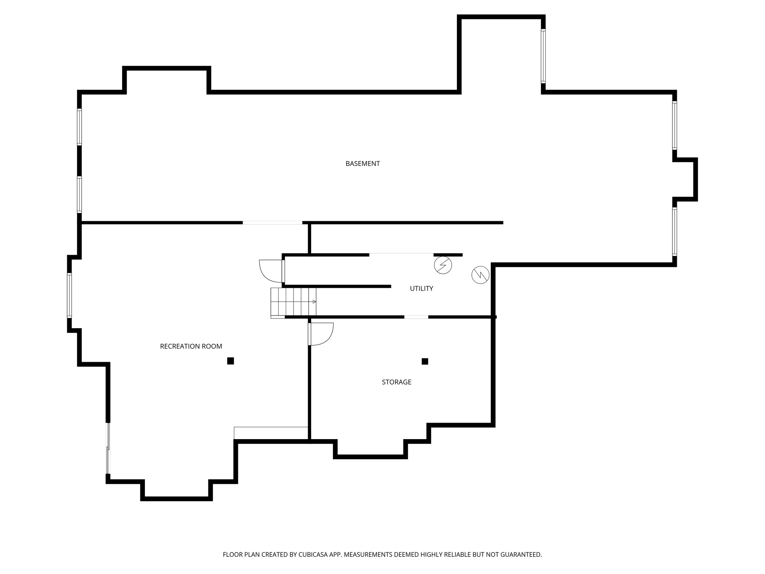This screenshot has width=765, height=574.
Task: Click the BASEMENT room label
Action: click(x=362, y=164)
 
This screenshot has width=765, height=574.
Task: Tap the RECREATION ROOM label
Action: click(x=191, y=346)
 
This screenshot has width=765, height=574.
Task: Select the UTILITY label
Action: click(x=421, y=288)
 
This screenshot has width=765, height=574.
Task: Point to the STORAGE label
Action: click(x=396, y=382)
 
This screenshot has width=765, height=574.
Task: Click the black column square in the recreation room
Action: click(x=230, y=361)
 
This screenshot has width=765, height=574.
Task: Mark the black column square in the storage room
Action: click(x=425, y=361)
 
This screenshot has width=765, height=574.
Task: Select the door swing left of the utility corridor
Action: click(x=270, y=271)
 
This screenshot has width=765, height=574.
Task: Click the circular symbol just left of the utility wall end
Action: click(x=443, y=265)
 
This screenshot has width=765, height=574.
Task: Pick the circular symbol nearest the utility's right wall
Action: click(x=481, y=275)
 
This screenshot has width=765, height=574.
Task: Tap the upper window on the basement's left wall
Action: click(x=79, y=127)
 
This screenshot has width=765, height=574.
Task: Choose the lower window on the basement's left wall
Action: click(x=79, y=194)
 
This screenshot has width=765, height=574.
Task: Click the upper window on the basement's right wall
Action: click(x=675, y=126)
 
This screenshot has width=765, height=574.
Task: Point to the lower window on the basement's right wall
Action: click(x=675, y=231)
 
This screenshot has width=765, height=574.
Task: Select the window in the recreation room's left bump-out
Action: click(x=69, y=295)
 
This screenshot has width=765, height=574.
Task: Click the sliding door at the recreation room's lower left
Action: click(x=108, y=448)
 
